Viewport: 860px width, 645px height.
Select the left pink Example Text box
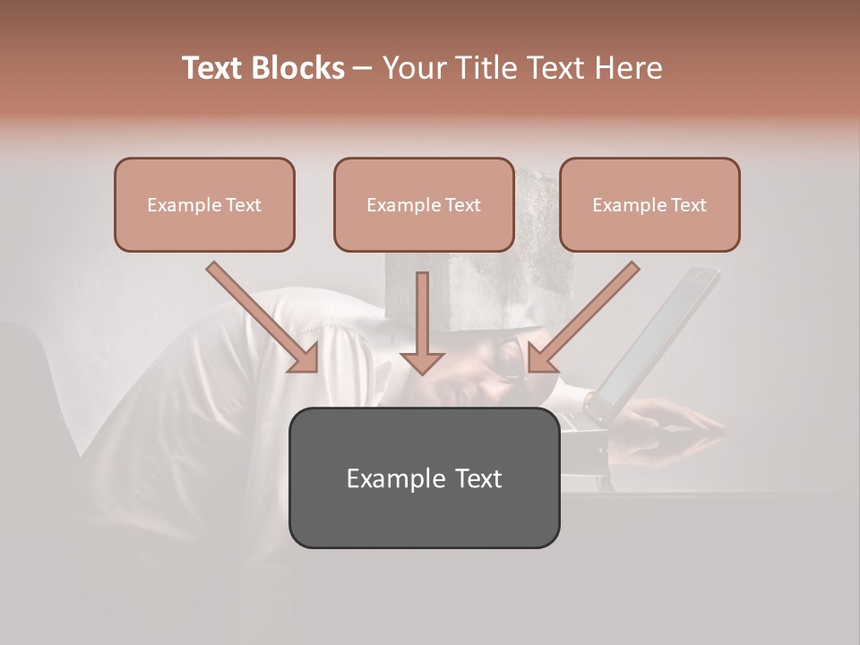(x=204, y=204)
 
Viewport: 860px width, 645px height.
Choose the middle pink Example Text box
(x=424, y=204)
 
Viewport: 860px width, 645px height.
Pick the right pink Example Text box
(x=649, y=204)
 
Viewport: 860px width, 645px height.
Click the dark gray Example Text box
(x=424, y=477)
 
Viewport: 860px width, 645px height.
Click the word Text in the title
(x=212, y=68)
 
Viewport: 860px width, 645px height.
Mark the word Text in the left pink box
(x=243, y=205)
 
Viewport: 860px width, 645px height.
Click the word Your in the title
(x=413, y=68)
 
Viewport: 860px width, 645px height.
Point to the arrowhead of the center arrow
(x=422, y=361)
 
